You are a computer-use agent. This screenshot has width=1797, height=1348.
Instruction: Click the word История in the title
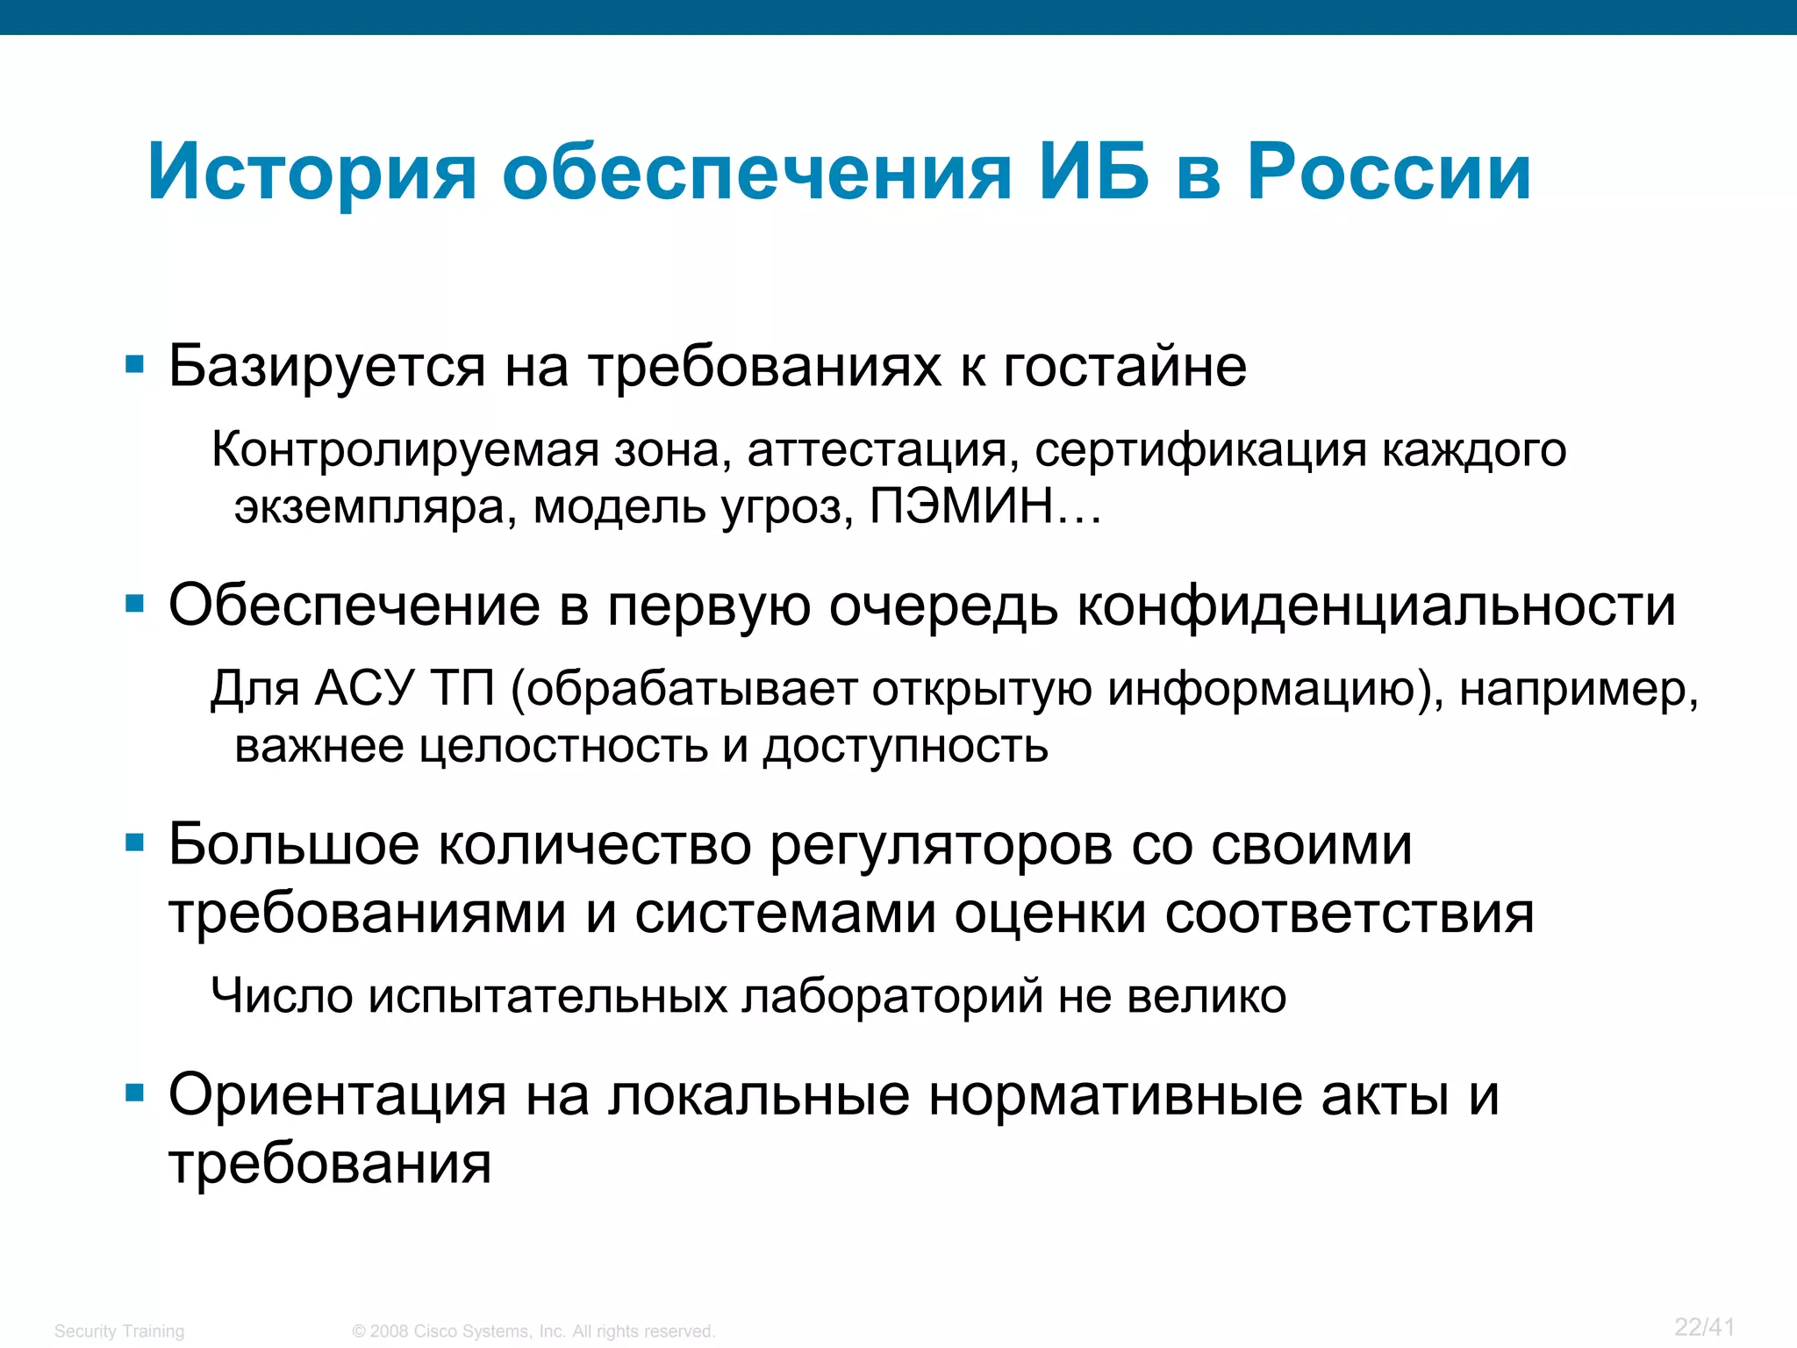pyautogui.click(x=312, y=173)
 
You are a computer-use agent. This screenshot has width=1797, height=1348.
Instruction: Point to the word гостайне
pyautogui.click(x=1124, y=367)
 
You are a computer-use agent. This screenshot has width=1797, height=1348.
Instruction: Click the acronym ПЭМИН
pyautogui.click(x=963, y=506)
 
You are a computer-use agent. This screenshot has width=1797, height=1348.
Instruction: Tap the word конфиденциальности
pyautogui.click(x=1376, y=606)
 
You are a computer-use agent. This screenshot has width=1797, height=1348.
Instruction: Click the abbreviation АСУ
pyautogui.click(x=363, y=688)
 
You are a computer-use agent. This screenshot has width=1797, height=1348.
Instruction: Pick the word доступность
pyautogui.click(x=906, y=747)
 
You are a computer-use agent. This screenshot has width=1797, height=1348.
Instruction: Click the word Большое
pyautogui.click(x=294, y=845)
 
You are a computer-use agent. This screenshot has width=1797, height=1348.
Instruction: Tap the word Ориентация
pyautogui.click(x=338, y=1096)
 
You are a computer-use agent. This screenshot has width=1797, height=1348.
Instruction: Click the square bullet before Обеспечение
pyautogui.click(x=134, y=604)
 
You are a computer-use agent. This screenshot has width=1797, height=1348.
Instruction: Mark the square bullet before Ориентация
pyautogui.click(x=134, y=1093)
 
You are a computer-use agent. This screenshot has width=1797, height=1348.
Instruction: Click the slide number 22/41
pyautogui.click(x=1704, y=1328)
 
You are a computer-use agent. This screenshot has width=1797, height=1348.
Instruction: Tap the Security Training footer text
pyautogui.click(x=119, y=1331)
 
